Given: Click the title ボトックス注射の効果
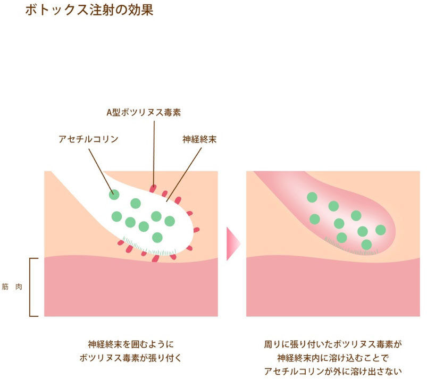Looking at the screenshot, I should [x=89, y=10].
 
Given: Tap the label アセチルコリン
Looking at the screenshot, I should [x=88, y=140].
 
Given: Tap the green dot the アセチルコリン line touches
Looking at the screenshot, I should [x=114, y=194].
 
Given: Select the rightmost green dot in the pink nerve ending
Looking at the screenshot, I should [x=381, y=230].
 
